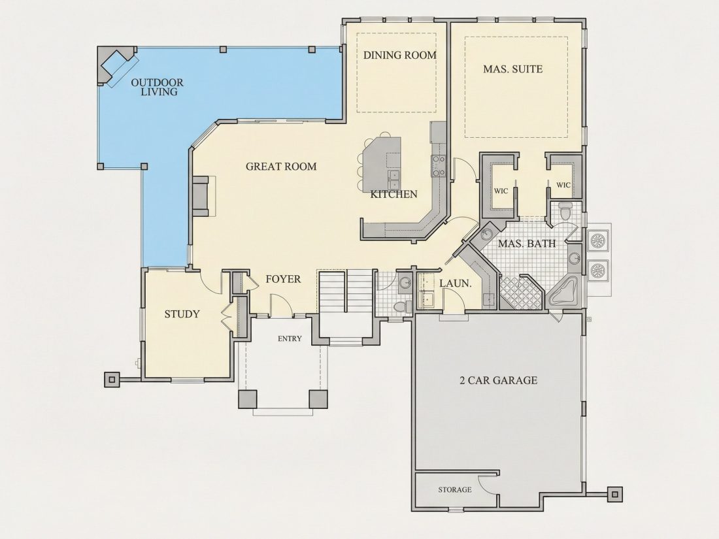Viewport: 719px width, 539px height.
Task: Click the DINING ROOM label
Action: (400, 55)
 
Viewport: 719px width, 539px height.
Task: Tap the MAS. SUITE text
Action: (512, 69)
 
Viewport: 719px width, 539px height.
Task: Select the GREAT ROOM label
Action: (281, 167)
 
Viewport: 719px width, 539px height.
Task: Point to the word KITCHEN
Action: (394, 194)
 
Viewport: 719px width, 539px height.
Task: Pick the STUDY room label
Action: (182, 314)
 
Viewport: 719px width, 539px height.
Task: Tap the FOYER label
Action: (284, 279)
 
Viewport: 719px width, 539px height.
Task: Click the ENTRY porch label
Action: (290, 338)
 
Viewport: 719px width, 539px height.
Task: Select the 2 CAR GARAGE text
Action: (499, 380)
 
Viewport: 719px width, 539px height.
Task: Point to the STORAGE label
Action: (455, 489)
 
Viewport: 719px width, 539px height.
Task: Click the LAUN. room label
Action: (456, 284)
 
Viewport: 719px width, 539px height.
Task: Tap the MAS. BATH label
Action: (527, 244)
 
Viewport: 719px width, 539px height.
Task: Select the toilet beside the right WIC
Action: (565, 211)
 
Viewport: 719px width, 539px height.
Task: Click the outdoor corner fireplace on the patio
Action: (116, 66)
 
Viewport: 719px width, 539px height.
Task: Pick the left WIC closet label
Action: (501, 191)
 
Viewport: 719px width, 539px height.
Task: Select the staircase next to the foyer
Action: (344, 291)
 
